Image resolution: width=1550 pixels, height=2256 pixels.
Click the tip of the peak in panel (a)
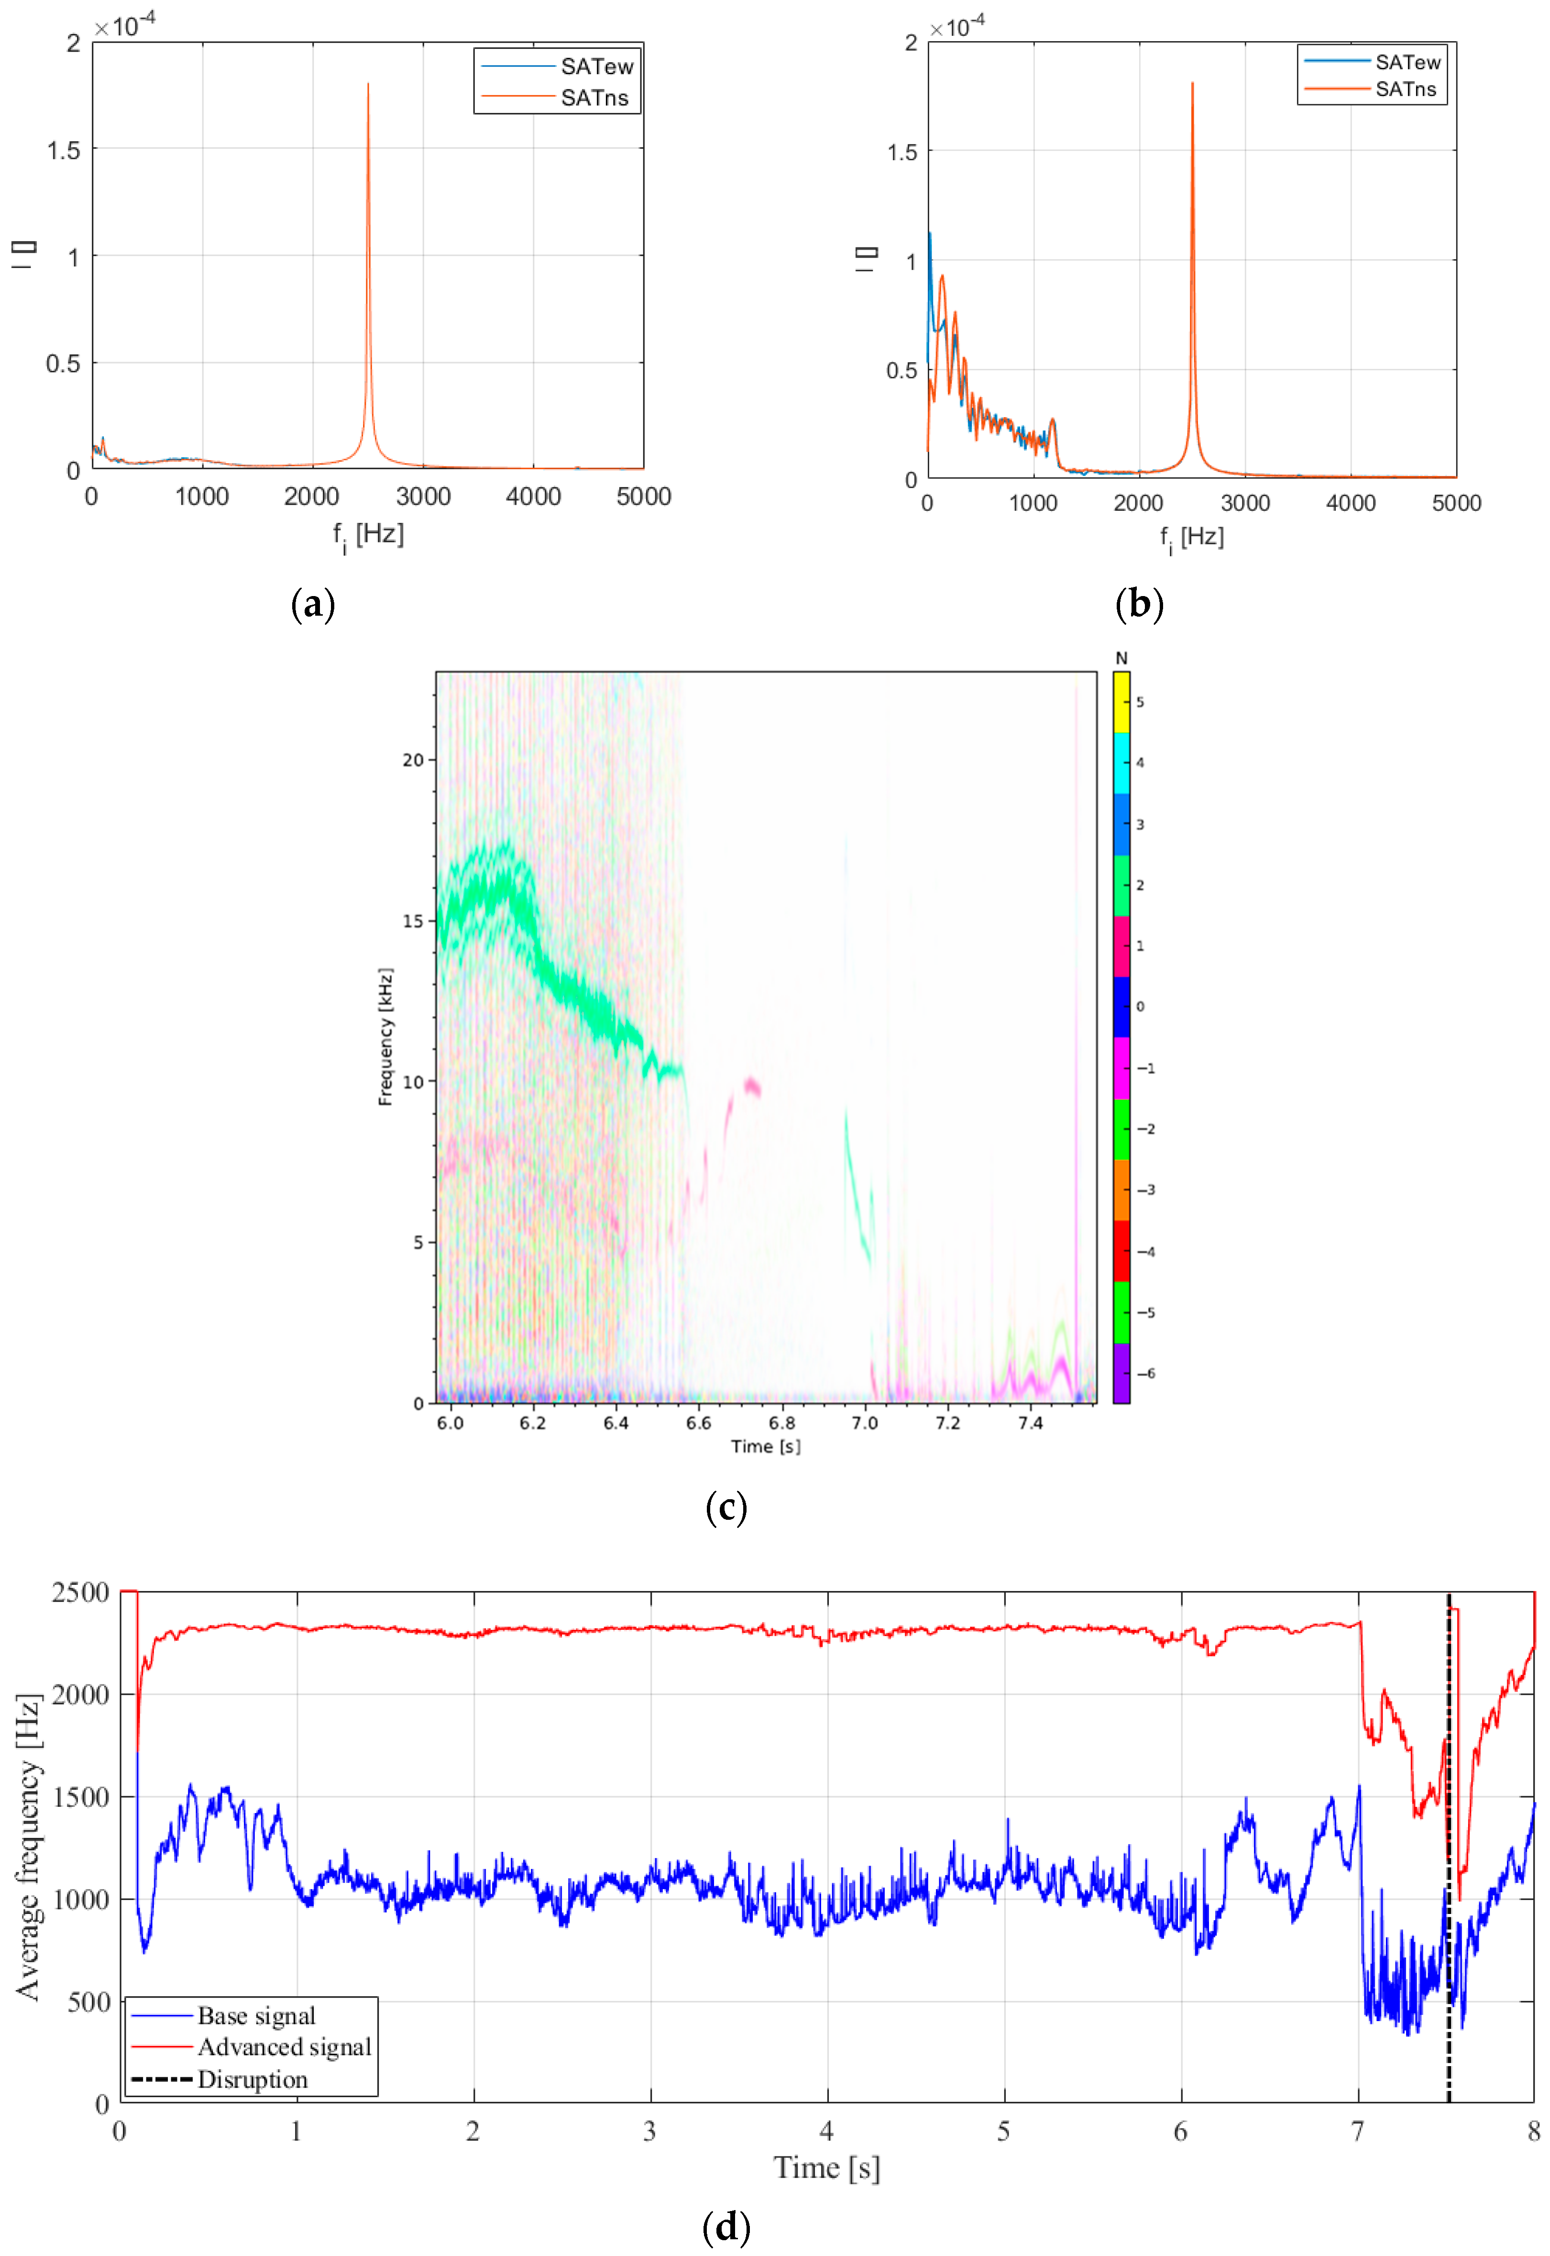(x=368, y=85)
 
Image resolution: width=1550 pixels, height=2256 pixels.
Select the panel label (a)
(x=313, y=604)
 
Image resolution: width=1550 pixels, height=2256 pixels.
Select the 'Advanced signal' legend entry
(x=284, y=2047)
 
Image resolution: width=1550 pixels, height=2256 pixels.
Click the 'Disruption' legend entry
(x=253, y=2079)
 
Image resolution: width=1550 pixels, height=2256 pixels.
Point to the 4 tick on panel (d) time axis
(x=826, y=2132)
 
